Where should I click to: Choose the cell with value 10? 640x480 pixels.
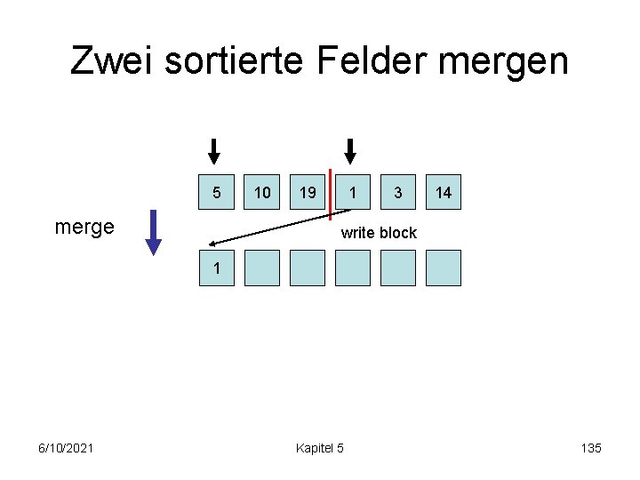(x=262, y=192)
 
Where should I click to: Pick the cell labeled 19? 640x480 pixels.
(x=308, y=192)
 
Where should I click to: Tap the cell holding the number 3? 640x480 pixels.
(x=398, y=192)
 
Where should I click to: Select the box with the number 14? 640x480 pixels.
(x=444, y=192)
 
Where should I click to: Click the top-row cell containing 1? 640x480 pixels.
(x=353, y=192)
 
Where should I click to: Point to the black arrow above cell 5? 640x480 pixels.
(x=213, y=151)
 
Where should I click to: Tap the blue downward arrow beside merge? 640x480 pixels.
(x=154, y=232)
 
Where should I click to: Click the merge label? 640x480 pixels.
(x=84, y=227)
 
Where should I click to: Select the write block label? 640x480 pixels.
(x=379, y=233)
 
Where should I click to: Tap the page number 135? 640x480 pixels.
(x=591, y=448)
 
